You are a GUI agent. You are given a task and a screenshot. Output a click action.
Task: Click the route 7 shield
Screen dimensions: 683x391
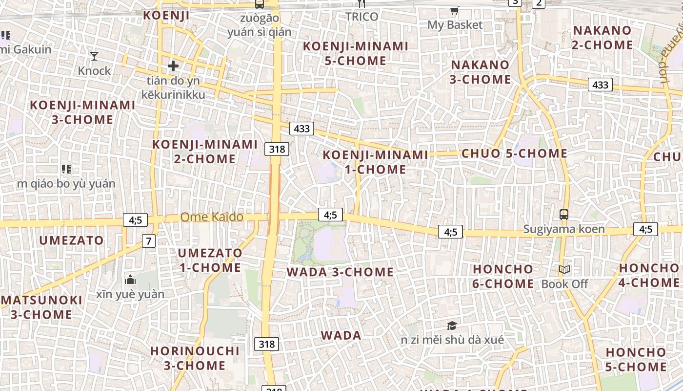(149, 240)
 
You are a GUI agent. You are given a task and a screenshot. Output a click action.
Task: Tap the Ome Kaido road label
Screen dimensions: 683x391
(212, 217)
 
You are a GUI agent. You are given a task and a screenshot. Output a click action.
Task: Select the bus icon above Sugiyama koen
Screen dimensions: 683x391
(564, 214)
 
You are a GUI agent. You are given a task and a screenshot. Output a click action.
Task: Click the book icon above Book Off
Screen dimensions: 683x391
(564, 269)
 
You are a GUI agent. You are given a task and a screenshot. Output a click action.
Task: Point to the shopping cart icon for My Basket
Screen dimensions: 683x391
(455, 10)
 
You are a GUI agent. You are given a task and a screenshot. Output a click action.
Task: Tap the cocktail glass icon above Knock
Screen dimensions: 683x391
(94, 56)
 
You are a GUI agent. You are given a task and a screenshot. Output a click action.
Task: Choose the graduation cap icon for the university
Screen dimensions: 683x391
(452, 325)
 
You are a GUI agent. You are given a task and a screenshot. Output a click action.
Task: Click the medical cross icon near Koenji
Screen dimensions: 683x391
(173, 65)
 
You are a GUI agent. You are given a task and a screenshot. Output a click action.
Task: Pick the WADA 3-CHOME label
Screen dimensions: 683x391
(340, 272)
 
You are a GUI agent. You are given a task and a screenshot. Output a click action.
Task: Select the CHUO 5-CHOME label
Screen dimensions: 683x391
(515, 153)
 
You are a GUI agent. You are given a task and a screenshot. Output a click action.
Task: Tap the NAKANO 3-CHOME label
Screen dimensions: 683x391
(480, 72)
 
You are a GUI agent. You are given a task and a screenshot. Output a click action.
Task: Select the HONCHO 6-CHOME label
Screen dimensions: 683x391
(503, 276)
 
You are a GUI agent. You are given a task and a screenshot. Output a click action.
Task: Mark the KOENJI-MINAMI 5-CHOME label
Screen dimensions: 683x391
(356, 53)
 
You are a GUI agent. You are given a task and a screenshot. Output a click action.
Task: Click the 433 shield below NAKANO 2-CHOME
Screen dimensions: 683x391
(600, 85)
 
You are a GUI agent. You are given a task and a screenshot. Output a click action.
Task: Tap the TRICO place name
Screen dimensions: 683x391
(362, 17)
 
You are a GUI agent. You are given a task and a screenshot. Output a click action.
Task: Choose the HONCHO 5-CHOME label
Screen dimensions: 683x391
(636, 359)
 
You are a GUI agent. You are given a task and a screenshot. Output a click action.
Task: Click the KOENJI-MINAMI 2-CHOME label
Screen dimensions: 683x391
(205, 152)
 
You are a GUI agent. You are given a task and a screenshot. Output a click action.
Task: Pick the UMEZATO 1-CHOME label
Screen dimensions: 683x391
(210, 260)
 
